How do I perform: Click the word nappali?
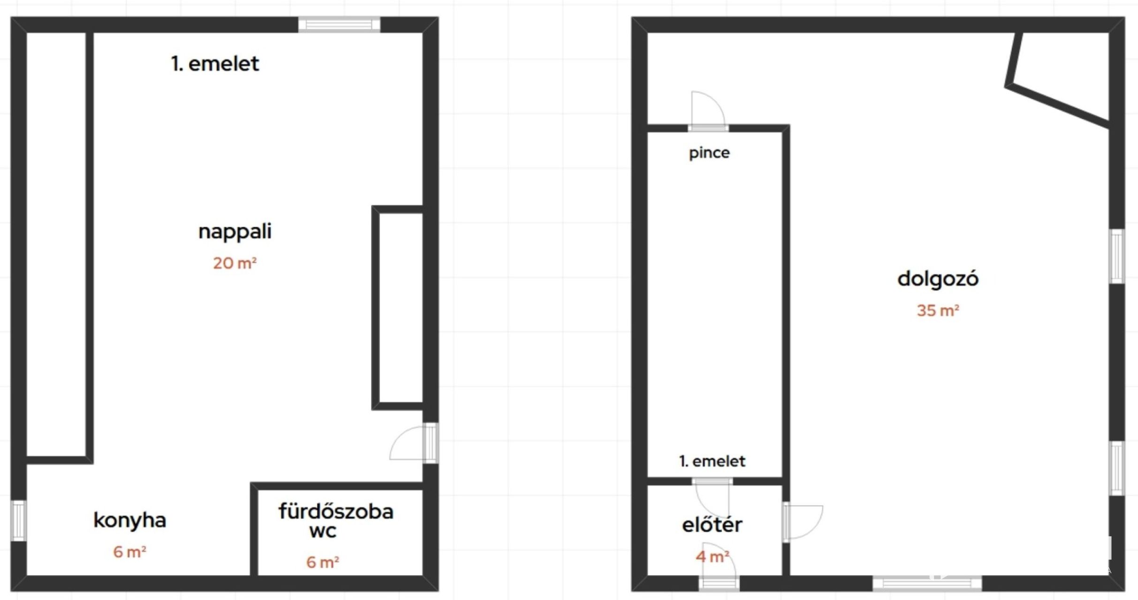pos(235,232)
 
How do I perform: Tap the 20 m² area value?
pos(235,263)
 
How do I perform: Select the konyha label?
pos(129,520)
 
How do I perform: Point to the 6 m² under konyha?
pos(129,552)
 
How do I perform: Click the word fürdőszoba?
pos(336,511)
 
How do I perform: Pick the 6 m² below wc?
pos(323,562)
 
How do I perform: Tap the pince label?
pos(709,153)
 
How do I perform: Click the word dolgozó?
pos(938,279)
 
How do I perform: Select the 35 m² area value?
pos(938,310)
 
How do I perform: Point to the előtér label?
pos(712,525)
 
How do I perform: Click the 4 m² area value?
pos(713,556)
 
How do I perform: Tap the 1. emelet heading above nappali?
pos(215,64)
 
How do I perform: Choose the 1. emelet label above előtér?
pos(712,461)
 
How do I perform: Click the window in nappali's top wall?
pos(339,24)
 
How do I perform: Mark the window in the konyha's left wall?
pos(18,520)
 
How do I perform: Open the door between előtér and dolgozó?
pos(802,522)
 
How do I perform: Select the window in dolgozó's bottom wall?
pos(927,584)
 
